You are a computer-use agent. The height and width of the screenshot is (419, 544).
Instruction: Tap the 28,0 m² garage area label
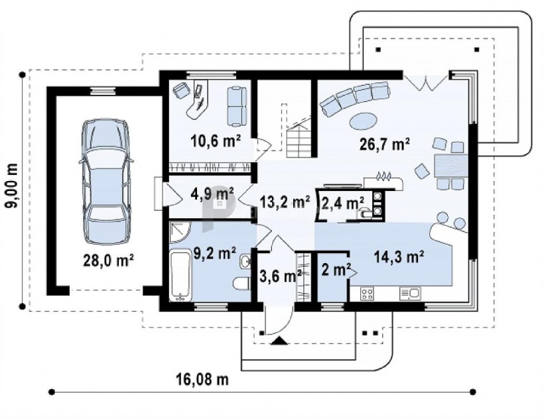coord(108,261)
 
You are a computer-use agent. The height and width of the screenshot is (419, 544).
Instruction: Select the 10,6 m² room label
coord(216,141)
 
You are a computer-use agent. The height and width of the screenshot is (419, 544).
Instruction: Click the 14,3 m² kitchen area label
coord(399,257)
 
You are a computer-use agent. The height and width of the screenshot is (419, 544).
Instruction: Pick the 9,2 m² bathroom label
coord(215,253)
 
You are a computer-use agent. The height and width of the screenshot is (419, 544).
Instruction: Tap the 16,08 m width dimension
coord(202,379)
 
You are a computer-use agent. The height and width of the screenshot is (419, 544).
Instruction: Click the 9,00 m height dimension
coord(11,186)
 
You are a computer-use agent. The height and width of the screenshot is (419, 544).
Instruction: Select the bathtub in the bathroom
coord(180,276)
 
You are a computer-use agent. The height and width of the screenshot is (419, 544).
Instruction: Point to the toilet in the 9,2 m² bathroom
coord(242,283)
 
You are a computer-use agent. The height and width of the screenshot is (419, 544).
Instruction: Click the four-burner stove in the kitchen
coord(368,294)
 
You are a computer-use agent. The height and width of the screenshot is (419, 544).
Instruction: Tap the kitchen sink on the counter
coord(410,294)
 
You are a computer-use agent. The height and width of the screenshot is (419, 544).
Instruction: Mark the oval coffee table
coord(362,121)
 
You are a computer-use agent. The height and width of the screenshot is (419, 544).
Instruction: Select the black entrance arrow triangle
coord(279,341)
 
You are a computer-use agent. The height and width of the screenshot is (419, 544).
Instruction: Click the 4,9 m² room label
coord(212,194)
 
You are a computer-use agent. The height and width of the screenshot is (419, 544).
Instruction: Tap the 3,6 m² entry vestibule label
coord(281,276)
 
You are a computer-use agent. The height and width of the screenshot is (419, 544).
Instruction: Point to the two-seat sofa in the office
coord(237,105)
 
